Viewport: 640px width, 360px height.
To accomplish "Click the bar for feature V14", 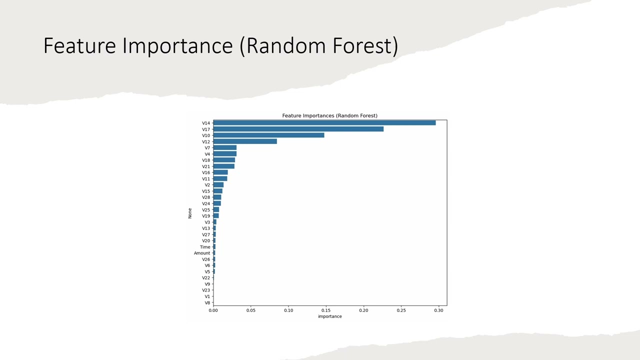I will (324, 123).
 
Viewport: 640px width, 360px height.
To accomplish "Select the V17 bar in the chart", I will (298, 129).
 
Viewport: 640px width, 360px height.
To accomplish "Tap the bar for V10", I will (268, 135).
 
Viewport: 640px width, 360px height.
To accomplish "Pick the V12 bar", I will (245, 141).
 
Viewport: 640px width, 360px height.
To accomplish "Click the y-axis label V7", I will (207, 148).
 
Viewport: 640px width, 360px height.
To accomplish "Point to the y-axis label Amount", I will (202, 253).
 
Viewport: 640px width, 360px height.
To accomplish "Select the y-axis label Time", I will (205, 247).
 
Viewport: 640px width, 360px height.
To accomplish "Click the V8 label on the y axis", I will (207, 303).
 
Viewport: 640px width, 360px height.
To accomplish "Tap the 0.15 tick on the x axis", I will (326, 310).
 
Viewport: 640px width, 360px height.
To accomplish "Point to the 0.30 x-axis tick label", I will (438, 310).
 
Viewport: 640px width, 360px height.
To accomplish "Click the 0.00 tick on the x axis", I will (213, 310).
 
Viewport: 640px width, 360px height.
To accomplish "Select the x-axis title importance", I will (329, 316).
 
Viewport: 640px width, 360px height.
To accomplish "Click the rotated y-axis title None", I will (190, 213).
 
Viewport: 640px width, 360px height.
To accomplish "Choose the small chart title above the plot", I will (329, 115).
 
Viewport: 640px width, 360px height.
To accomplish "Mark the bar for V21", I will (223, 166).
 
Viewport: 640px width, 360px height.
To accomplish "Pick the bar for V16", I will (220, 172).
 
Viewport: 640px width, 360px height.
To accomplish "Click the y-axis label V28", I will (206, 197).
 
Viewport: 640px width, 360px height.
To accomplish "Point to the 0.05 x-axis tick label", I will (250, 310).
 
